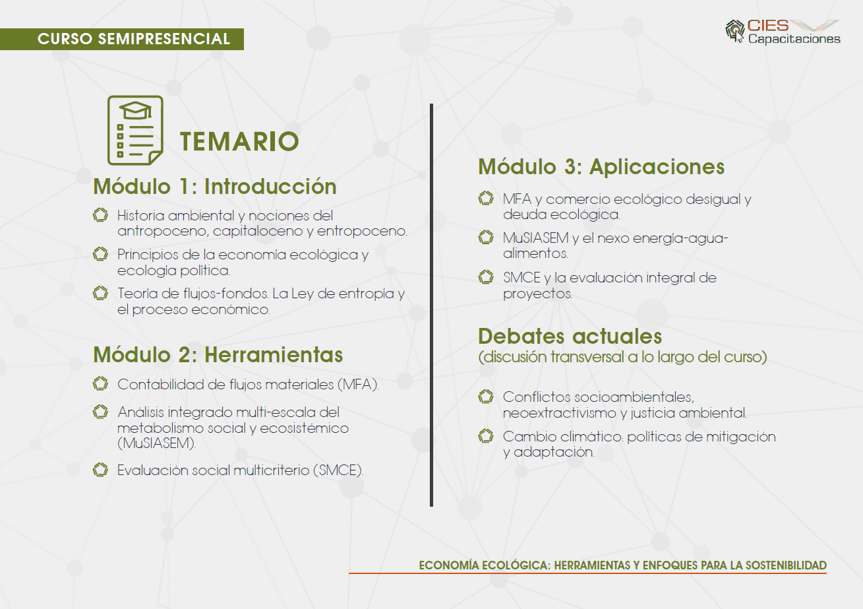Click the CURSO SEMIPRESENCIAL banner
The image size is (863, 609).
point(122,39)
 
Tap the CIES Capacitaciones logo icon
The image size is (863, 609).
point(734,31)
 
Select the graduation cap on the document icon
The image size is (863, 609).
point(135,111)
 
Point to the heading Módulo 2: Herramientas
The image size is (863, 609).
point(218,354)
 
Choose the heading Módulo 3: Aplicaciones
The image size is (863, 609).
point(601,167)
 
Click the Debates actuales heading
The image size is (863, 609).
point(570,336)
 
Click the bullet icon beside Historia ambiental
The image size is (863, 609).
point(101,215)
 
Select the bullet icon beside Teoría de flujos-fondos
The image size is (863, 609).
point(101,293)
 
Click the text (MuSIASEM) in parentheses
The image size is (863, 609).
point(156,443)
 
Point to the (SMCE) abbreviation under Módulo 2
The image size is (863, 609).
point(338,470)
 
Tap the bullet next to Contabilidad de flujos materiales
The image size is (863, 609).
point(101,384)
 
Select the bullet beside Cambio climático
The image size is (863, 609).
point(486,436)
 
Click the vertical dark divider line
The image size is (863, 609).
point(431,305)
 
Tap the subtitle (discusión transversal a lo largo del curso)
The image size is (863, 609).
point(622,357)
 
